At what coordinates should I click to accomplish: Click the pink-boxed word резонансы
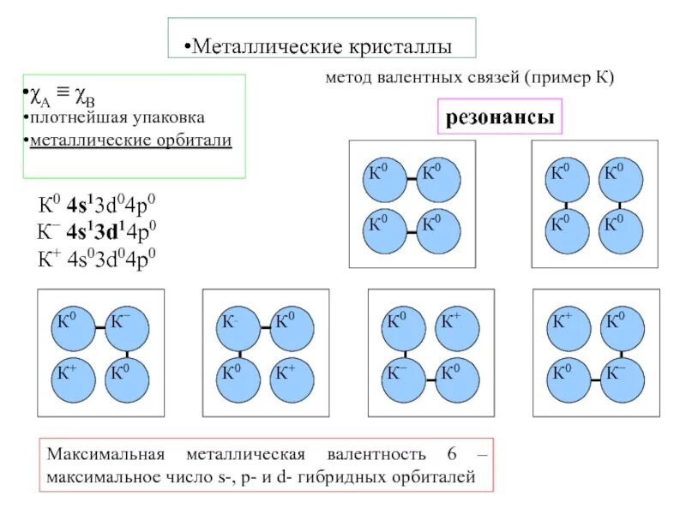500,117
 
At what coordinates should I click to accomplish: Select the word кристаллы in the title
400,46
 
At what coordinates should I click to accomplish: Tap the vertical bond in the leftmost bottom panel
129,354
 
